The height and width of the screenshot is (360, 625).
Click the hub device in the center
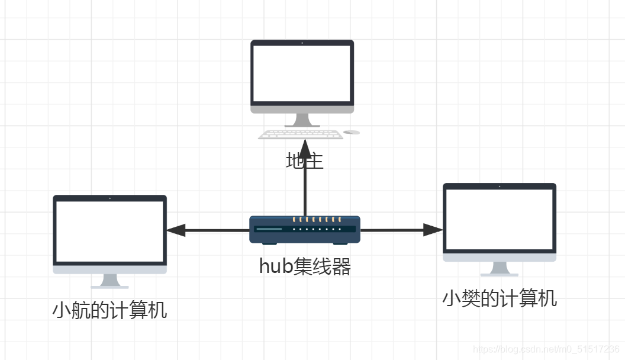[305, 230]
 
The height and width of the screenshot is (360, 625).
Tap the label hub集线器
[305, 267]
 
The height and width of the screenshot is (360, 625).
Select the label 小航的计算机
[110, 310]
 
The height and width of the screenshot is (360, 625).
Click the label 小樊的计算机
[500, 298]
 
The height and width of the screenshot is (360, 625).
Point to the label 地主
[305, 161]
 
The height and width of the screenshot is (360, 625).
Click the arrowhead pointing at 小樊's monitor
[434, 230]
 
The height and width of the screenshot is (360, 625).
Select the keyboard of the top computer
[301, 134]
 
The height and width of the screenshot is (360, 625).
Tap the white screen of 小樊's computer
[500, 219]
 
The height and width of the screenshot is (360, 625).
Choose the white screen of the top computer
[302, 73]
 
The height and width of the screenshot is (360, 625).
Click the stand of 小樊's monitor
[500, 269]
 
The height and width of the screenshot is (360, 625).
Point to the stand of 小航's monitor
[110, 281]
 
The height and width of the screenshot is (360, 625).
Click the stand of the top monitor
[302, 120]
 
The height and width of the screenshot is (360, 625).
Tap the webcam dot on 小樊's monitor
[500, 187]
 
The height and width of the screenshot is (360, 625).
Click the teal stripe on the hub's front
[269, 229]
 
